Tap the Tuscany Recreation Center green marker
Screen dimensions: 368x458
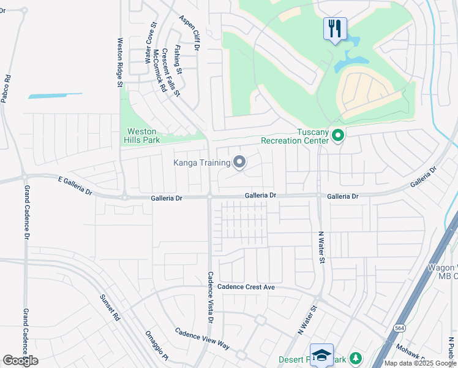coord(338,135)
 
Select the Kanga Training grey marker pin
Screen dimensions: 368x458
coord(239,163)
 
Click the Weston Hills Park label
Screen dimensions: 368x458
coord(142,136)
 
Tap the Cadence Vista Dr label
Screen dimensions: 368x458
coord(210,297)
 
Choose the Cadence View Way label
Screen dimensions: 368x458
coord(202,339)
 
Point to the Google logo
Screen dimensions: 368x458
coord(20,361)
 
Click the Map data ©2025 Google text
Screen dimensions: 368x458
coord(420,362)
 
